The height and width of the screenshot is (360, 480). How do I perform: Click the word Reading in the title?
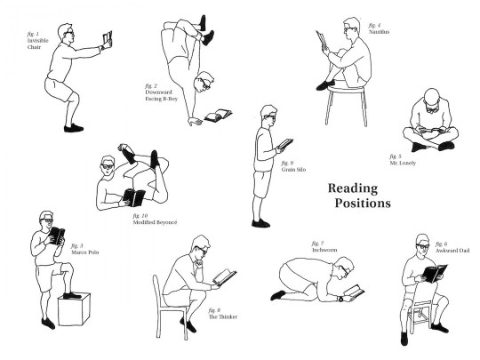[353, 188]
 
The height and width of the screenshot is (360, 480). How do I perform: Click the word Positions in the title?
[363, 204]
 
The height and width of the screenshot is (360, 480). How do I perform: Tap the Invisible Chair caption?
[39, 41]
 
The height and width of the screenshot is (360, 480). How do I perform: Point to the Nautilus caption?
[379, 32]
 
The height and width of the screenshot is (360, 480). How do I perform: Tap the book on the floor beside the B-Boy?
[218, 115]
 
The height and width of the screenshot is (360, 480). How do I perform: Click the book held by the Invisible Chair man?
[108, 38]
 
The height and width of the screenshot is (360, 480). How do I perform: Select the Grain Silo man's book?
[285, 143]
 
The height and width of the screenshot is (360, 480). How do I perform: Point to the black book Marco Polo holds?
[55, 236]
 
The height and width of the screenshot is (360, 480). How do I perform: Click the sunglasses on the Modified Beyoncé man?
[107, 166]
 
